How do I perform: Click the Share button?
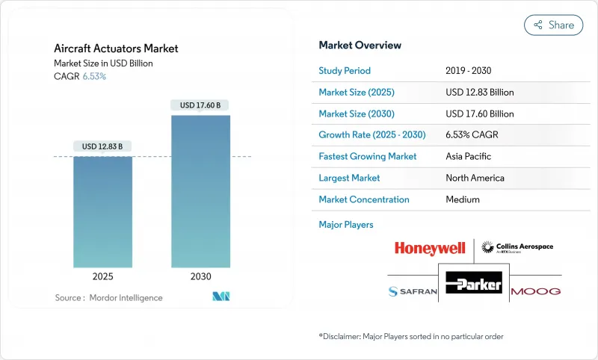(x=554, y=25)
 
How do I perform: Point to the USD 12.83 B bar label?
(x=102, y=146)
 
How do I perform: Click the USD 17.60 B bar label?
(x=200, y=105)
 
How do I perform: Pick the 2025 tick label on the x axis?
(x=102, y=276)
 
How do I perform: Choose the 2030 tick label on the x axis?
(x=200, y=276)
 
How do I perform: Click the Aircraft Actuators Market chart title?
(x=116, y=49)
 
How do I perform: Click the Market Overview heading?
(x=360, y=45)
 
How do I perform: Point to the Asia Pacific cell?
(x=469, y=157)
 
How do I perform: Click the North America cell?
(x=475, y=178)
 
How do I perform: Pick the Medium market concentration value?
(x=463, y=199)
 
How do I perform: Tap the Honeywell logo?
(x=430, y=248)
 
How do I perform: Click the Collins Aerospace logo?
(x=517, y=247)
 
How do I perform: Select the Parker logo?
(x=473, y=282)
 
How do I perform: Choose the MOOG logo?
(x=535, y=291)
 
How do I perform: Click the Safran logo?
(x=412, y=291)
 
